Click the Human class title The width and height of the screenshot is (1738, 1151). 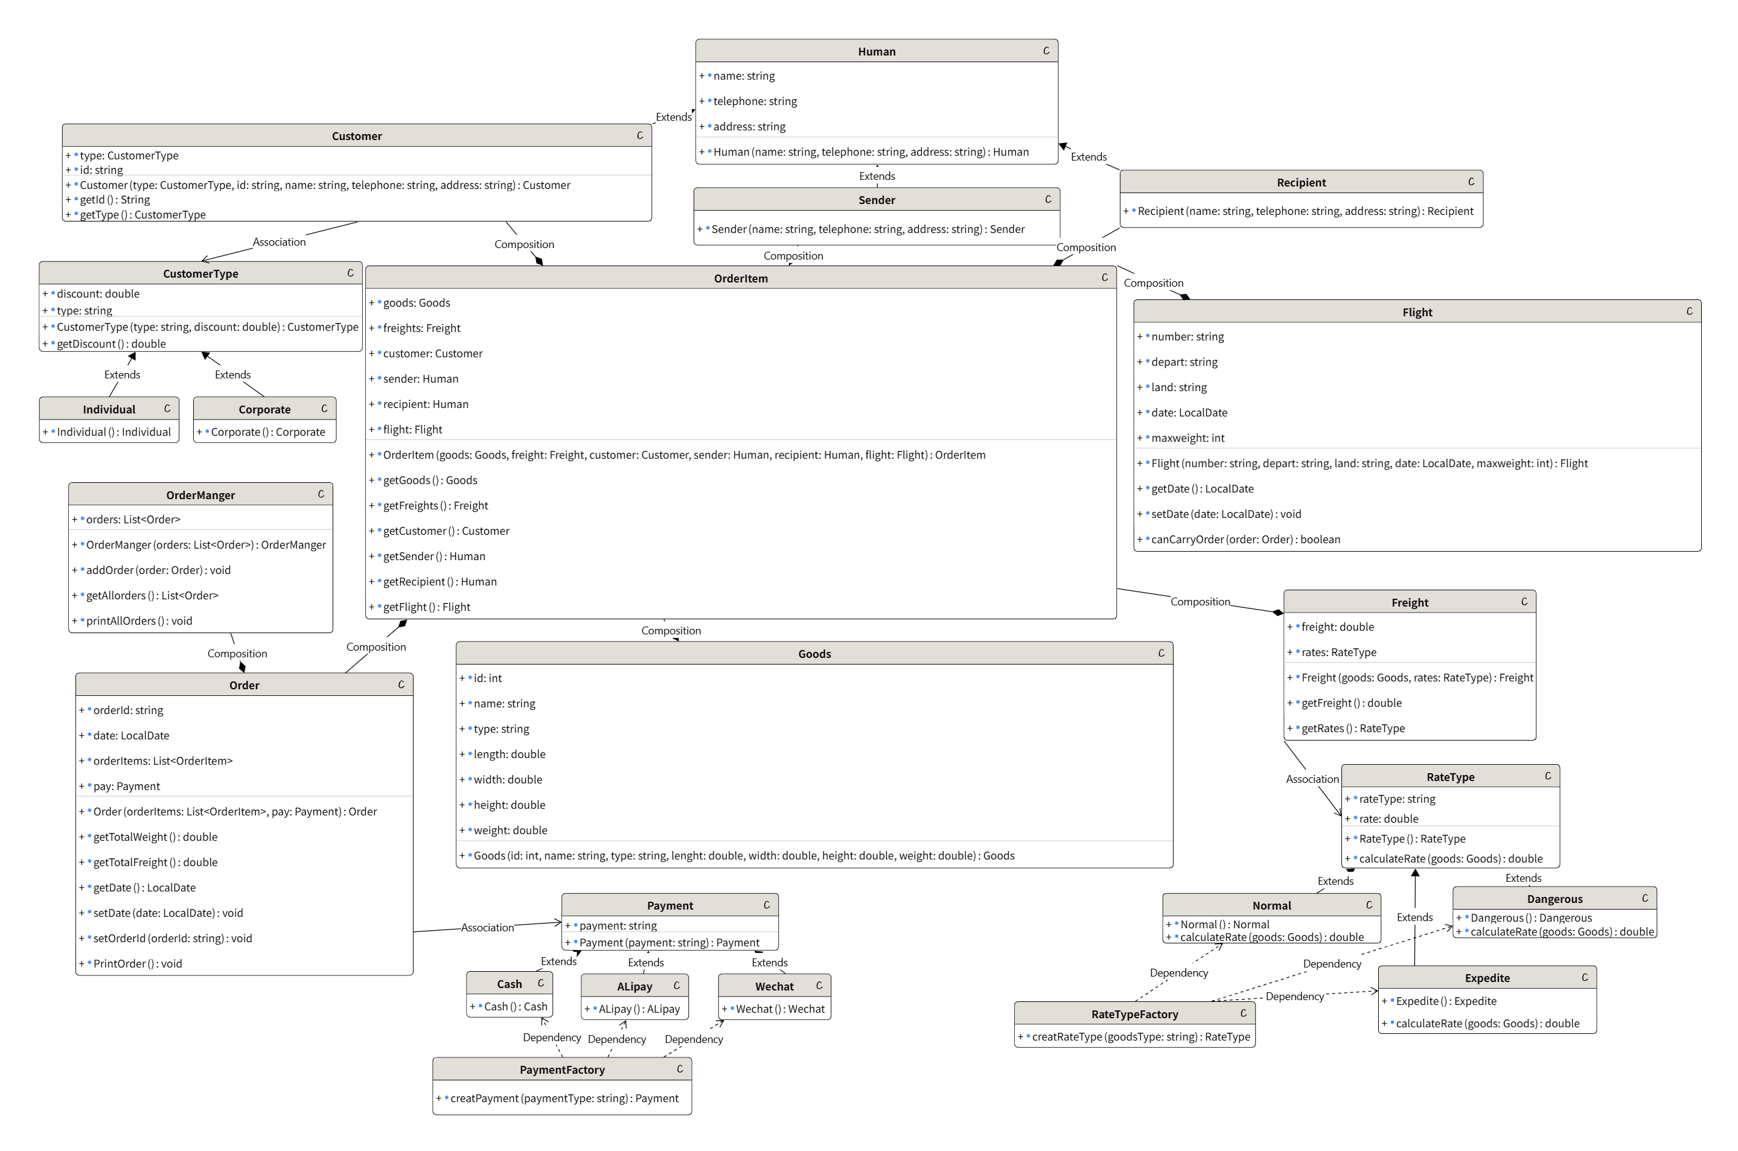[876, 51]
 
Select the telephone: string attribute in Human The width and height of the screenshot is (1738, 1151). [755, 101]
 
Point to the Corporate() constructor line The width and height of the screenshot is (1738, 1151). [267, 432]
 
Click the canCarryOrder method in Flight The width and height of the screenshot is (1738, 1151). [1245, 540]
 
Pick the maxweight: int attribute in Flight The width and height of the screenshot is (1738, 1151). [1187, 438]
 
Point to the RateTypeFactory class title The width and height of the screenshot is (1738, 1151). [1134, 1015]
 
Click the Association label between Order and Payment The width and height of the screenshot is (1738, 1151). [488, 928]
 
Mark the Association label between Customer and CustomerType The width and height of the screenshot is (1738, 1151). [279, 242]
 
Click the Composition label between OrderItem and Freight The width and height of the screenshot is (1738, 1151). [1200, 602]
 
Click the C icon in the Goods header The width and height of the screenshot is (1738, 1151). [1161, 653]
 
